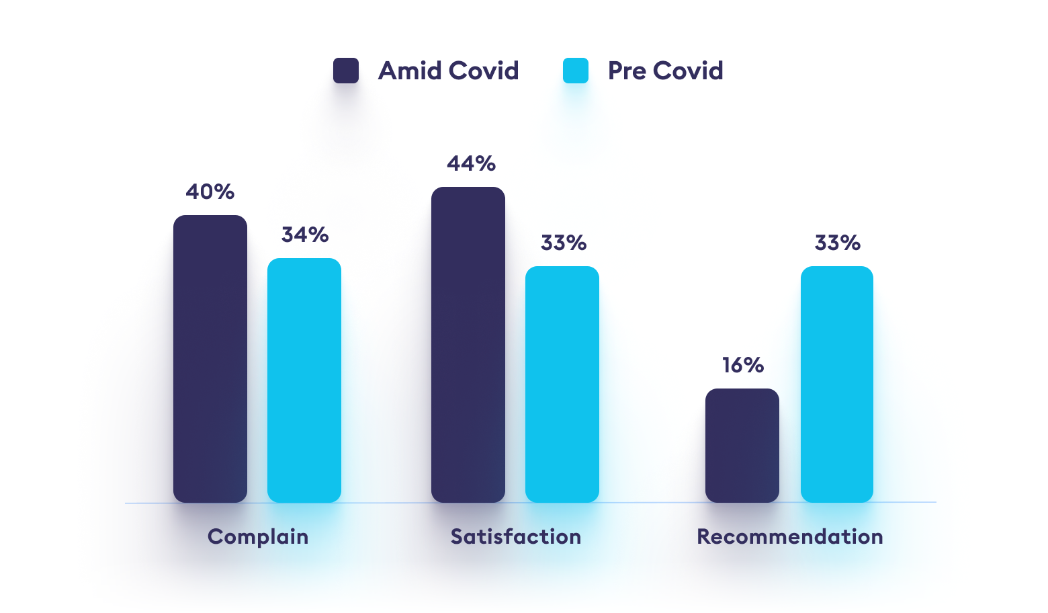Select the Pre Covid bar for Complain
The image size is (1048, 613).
pos(304,380)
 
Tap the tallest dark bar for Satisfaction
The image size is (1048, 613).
pos(468,344)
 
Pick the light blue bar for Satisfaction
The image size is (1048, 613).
pos(562,384)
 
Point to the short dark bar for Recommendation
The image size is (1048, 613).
pos(742,445)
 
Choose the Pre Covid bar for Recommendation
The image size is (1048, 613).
pos(837,384)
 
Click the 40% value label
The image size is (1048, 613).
pos(210,192)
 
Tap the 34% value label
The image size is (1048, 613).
pos(305,235)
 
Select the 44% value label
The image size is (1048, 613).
pos(472,164)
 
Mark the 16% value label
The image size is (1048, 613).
pos(743,366)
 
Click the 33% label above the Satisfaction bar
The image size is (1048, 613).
pos(564,243)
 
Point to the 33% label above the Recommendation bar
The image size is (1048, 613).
pos(838,243)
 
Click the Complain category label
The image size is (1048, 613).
pos(258,537)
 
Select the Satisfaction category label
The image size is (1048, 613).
pos(516,537)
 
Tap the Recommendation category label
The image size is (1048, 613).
pos(790,537)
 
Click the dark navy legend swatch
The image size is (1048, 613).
pos(346,71)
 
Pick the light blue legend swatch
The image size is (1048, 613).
pos(576,71)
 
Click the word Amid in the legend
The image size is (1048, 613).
pos(410,71)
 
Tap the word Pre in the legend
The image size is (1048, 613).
pos(627,71)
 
